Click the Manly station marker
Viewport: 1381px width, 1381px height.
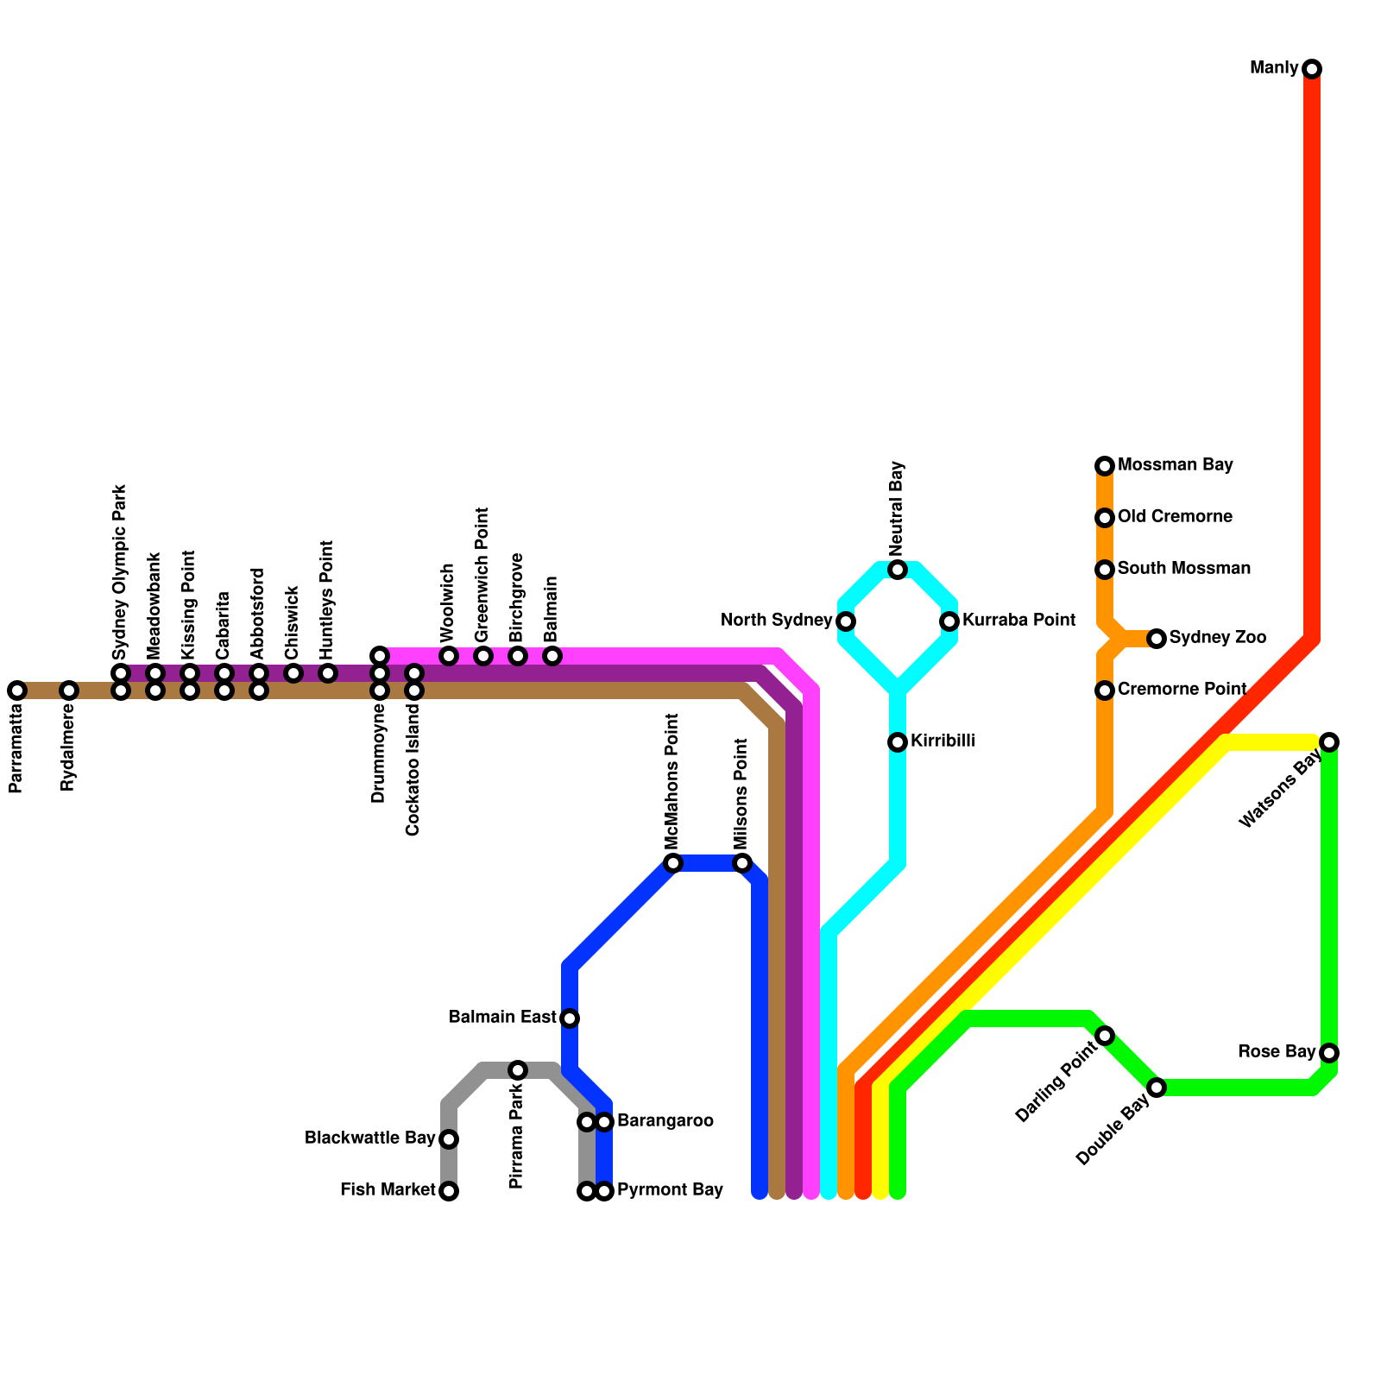click(x=1312, y=69)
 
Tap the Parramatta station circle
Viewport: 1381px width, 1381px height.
click(x=17, y=690)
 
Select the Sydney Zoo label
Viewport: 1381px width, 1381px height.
click(x=1217, y=638)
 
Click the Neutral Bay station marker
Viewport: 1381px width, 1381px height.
click(x=898, y=570)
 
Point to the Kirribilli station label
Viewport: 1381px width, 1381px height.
click(x=943, y=741)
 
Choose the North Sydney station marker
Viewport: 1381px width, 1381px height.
click(x=846, y=621)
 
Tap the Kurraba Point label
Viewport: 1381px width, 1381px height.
click(x=1018, y=621)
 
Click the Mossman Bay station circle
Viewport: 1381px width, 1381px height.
click(x=1105, y=466)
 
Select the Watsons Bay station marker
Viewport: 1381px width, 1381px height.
click(x=1329, y=742)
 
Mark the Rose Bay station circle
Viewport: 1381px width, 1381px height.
click(x=1329, y=1053)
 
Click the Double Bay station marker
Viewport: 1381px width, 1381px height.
click(x=1157, y=1088)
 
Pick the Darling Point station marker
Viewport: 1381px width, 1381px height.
click(x=1105, y=1036)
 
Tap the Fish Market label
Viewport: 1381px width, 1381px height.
click(x=388, y=1190)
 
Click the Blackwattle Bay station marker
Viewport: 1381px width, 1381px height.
click(x=449, y=1139)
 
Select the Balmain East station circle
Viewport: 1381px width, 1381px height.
click(x=570, y=1018)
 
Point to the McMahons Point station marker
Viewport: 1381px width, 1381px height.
click(x=673, y=863)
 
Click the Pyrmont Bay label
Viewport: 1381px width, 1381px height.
click(x=670, y=1190)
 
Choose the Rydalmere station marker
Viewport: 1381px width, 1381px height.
click(x=69, y=690)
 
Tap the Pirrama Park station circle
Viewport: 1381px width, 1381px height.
click(x=518, y=1070)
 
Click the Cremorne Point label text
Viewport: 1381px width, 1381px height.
click(x=1182, y=690)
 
